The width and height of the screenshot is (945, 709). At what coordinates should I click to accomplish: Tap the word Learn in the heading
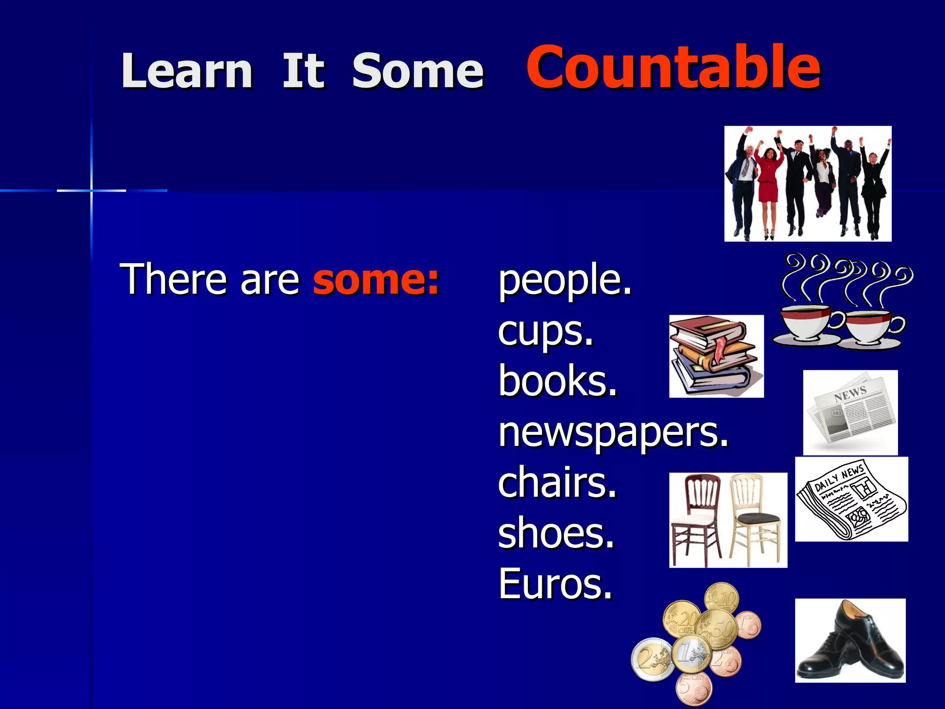click(x=186, y=72)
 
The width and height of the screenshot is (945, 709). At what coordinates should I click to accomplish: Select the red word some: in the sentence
click(x=376, y=279)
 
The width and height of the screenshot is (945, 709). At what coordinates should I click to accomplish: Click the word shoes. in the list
click(x=556, y=534)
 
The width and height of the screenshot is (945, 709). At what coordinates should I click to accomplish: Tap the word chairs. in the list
click(x=557, y=483)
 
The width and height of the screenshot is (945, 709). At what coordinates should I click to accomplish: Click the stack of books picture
click(x=716, y=356)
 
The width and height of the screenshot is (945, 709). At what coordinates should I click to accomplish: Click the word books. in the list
click(x=557, y=381)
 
